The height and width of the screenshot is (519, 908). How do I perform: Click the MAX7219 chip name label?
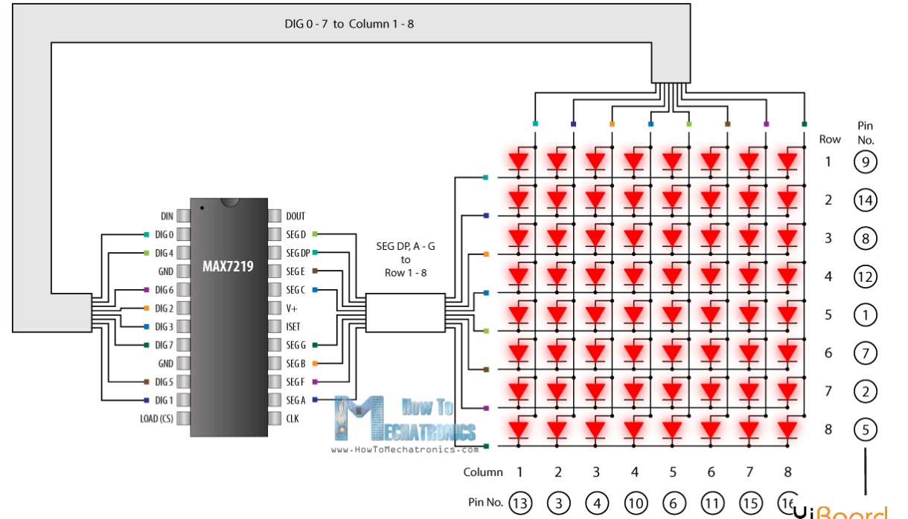228,265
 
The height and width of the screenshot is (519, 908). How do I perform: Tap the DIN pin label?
167,216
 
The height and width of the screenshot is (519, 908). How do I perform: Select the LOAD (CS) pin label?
156,419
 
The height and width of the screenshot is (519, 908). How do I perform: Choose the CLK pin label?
293,419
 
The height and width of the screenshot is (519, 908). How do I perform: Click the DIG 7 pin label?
164,345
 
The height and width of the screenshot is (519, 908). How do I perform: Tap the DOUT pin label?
296,216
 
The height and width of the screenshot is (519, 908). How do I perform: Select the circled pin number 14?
866,200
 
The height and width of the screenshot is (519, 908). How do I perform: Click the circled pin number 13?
520,504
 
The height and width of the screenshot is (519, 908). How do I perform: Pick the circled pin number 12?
866,277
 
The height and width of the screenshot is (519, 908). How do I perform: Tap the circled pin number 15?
749,504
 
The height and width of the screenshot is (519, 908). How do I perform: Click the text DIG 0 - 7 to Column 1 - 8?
349,24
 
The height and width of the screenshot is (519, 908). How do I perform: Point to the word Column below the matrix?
482,472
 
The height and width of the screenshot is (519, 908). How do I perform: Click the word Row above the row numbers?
830,139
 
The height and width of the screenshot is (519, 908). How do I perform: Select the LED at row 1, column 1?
519,161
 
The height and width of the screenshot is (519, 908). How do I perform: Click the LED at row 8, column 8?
787,430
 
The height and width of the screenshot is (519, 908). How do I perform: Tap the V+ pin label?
292,308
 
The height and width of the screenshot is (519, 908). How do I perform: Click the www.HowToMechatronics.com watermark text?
404,449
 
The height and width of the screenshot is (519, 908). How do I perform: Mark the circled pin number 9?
866,161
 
